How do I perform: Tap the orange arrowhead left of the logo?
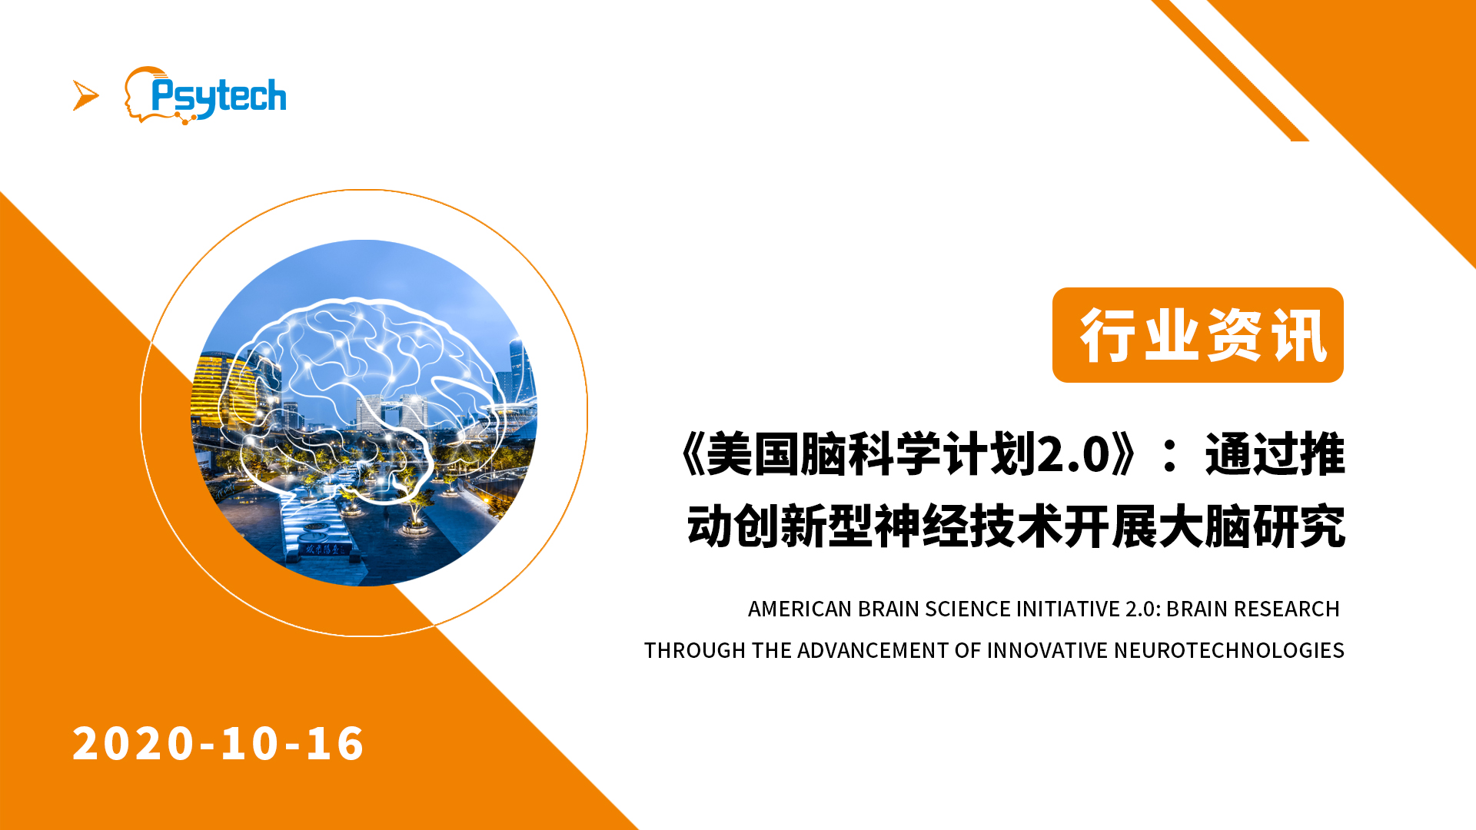(85, 95)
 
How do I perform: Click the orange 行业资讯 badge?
(1198, 335)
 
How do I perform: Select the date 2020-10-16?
(218, 743)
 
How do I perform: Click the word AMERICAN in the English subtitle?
(799, 609)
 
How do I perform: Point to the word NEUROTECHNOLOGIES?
(1228, 650)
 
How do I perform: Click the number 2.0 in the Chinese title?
(1073, 454)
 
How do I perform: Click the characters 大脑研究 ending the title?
(1252, 526)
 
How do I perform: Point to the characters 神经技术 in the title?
(969, 526)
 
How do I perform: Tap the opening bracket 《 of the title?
(691, 454)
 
